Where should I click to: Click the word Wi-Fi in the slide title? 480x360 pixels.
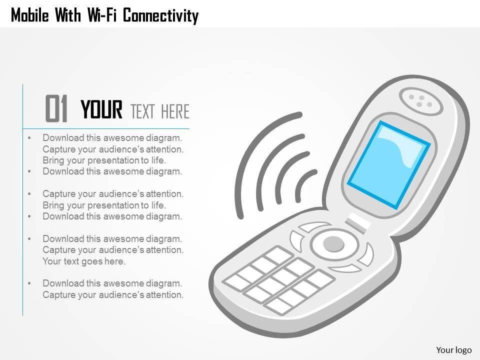click(x=102, y=15)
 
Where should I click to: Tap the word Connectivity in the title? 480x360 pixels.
click(x=160, y=16)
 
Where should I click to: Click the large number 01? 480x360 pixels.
click(x=56, y=108)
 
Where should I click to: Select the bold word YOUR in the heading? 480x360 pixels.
click(x=101, y=109)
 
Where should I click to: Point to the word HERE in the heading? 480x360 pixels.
click(x=175, y=111)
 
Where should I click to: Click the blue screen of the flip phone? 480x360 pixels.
click(x=388, y=165)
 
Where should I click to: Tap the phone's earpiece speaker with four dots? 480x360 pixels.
click(x=421, y=101)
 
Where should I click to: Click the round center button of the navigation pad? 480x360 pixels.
click(x=333, y=244)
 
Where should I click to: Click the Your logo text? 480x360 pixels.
click(x=453, y=350)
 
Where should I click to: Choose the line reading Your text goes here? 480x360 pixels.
click(x=84, y=261)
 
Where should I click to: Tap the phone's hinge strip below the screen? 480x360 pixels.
click(x=357, y=223)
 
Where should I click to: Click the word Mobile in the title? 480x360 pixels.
click(x=29, y=15)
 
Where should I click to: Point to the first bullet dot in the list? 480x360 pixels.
click(x=29, y=138)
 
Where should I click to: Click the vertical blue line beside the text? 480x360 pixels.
click(x=23, y=199)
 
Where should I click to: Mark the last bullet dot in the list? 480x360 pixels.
click(x=29, y=283)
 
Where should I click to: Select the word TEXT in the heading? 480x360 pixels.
click(x=142, y=111)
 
